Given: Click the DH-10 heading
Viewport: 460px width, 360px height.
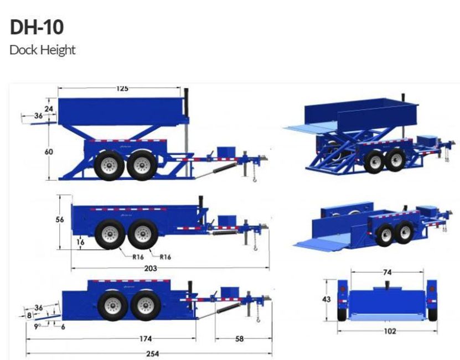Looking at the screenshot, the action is point(37,27).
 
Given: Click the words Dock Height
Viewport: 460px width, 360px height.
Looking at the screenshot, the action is point(43,50).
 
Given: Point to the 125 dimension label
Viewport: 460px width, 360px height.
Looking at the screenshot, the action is point(122,89).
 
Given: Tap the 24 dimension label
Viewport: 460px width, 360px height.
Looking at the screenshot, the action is point(49,109).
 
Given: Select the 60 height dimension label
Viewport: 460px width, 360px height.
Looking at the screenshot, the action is point(49,152).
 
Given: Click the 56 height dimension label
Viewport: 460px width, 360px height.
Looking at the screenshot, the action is point(60,219).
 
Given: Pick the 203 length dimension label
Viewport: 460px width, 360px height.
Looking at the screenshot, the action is point(151,268).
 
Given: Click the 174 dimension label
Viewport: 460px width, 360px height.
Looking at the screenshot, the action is point(146,338).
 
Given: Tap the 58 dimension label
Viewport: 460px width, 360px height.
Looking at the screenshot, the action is point(239,338).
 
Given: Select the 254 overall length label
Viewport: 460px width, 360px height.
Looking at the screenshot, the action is point(153,353).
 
